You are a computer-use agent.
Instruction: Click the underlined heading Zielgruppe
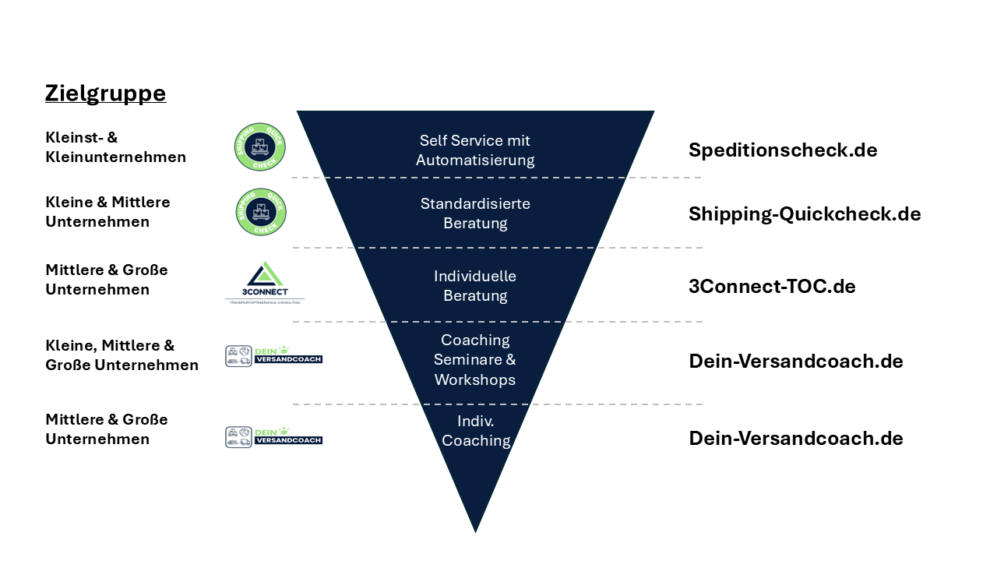[105, 93]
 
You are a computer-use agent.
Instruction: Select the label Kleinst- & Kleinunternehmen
[115, 147]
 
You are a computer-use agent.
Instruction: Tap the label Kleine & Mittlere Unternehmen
[107, 212]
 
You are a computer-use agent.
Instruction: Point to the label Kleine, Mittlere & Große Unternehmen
[122, 355]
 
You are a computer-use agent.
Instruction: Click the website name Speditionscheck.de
[783, 150]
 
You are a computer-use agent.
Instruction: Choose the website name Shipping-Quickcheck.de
[805, 214]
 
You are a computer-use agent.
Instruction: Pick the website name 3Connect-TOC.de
[772, 287]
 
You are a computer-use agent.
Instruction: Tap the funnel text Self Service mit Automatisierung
[475, 150]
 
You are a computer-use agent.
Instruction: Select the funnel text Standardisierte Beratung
[475, 213]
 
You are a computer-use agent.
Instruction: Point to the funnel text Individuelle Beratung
[475, 286]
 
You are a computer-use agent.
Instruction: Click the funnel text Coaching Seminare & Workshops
[475, 360]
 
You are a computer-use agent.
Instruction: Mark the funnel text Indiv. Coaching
[476, 431]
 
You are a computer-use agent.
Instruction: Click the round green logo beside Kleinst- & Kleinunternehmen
[260, 147]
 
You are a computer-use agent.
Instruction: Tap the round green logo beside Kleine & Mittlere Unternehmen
[260, 212]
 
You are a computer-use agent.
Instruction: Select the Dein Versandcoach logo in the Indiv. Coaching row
[273, 437]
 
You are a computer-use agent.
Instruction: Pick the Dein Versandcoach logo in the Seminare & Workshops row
[273, 356]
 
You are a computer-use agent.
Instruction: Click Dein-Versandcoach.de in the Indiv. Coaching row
[796, 439]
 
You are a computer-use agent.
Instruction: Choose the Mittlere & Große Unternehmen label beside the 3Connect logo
[107, 280]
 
